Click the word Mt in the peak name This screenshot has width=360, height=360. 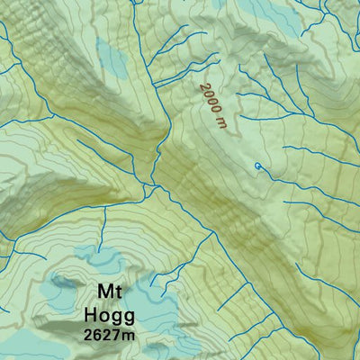pos(108,293)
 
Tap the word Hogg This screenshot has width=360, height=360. pos(108,315)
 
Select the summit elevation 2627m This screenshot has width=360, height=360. pos(108,336)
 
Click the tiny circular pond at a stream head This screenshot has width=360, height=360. pos(258,166)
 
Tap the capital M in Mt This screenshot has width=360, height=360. pos(103,293)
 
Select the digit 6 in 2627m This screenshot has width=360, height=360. pos(96,336)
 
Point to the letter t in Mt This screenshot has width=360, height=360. pos(118,293)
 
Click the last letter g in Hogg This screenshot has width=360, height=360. pos(128,318)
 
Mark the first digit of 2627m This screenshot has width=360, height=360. pos(87,336)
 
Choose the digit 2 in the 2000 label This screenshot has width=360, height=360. pos(203,89)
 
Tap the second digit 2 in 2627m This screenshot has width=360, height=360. pos(105,336)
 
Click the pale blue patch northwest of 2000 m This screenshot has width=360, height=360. pos(112,58)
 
